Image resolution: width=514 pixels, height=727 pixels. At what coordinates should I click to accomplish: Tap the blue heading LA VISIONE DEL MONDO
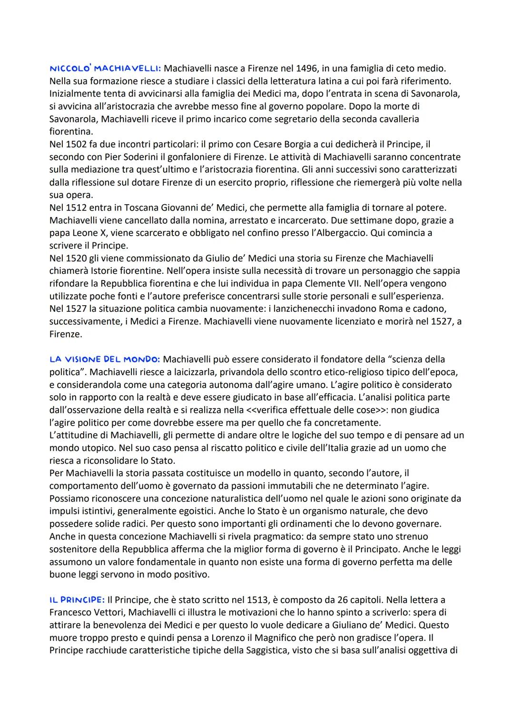coord(104,359)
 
